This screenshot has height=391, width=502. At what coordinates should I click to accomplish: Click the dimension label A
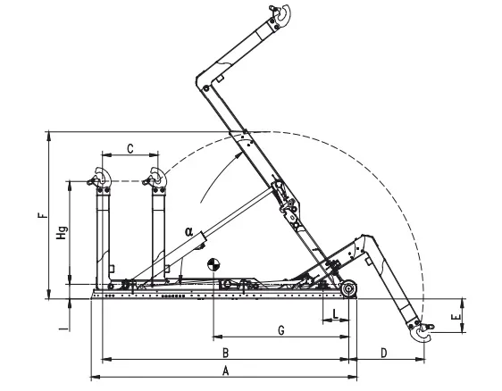[226, 371]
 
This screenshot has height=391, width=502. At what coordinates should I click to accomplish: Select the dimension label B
[226, 354]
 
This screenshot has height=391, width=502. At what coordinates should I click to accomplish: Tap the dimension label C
[130, 149]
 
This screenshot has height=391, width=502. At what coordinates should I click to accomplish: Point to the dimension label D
[384, 354]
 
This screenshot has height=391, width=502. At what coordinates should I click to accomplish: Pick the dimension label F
[43, 215]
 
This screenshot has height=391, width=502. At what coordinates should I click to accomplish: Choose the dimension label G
[281, 330]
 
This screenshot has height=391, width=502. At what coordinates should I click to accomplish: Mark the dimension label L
[335, 314]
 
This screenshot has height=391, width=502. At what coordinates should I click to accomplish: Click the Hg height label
[62, 233]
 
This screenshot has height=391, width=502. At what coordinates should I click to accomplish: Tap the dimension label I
[65, 329]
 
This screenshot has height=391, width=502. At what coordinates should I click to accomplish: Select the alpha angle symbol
[188, 231]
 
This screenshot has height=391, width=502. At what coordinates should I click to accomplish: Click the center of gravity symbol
[213, 265]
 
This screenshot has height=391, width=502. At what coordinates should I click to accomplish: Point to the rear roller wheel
[348, 288]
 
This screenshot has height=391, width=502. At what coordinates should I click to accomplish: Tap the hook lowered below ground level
[423, 332]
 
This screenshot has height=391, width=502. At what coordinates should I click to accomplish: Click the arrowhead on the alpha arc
[238, 155]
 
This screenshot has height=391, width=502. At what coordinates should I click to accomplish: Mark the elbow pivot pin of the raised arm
[205, 87]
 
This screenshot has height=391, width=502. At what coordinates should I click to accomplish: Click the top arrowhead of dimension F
[49, 136]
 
